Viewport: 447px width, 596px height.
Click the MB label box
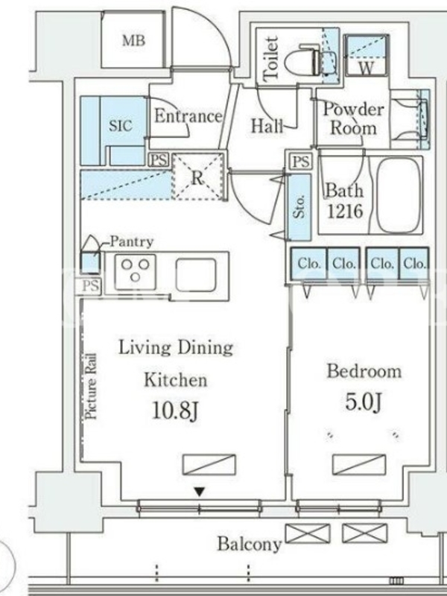(x=133, y=40)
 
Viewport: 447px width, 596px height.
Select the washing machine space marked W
(x=367, y=55)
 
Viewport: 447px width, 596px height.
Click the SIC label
(x=121, y=125)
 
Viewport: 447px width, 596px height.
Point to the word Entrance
(x=188, y=116)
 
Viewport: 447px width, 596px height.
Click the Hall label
(x=267, y=125)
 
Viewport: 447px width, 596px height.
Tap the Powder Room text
(x=353, y=118)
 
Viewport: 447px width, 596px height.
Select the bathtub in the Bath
(x=399, y=194)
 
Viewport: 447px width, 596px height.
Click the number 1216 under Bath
(x=345, y=212)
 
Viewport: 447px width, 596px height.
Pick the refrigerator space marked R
(x=197, y=177)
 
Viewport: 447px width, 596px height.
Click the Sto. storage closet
(x=299, y=207)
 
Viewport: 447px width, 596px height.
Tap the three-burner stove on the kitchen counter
(x=136, y=272)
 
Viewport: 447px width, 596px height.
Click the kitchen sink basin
(x=196, y=275)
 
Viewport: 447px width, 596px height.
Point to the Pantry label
(x=132, y=241)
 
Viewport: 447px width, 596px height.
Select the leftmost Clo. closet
(x=308, y=264)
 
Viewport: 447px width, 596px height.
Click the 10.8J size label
(x=175, y=410)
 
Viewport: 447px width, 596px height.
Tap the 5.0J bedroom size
(x=363, y=402)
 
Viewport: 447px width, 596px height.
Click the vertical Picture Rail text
(x=91, y=386)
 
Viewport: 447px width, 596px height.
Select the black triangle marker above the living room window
(x=199, y=492)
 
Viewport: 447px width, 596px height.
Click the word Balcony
(x=249, y=544)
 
